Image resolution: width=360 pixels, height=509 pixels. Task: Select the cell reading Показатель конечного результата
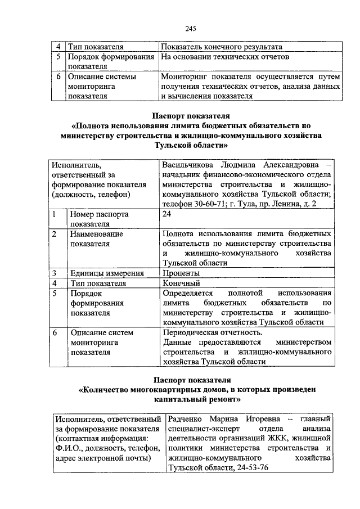[221, 47]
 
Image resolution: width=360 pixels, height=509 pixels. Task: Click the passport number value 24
[166, 214]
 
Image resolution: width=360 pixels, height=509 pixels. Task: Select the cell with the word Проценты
[181, 273]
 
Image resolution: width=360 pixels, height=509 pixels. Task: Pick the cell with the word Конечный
[181, 283]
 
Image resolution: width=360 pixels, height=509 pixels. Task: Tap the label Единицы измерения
[107, 273]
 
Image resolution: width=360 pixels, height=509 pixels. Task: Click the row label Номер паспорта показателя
[99, 219]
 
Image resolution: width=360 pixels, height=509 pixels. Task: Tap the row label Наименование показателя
[96, 238]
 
